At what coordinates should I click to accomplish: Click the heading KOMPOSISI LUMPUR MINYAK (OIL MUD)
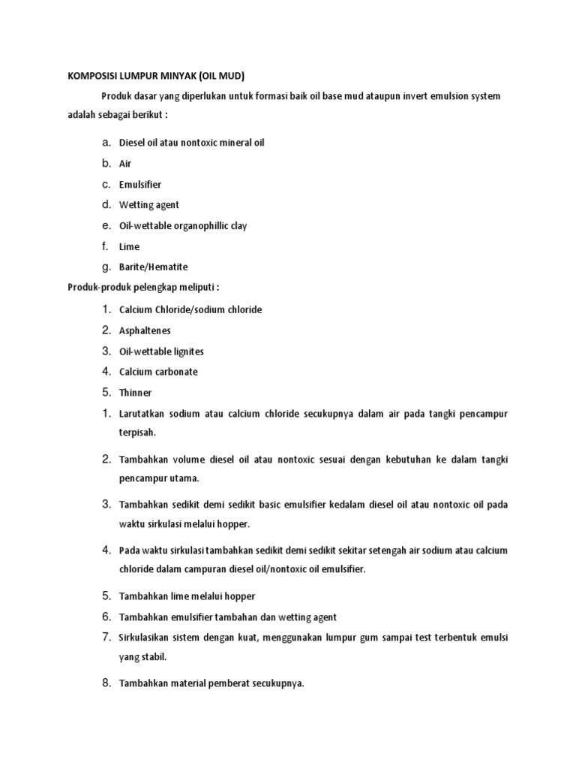tap(156, 76)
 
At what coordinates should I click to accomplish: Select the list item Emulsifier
tap(140, 184)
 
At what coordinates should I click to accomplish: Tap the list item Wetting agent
tap(149, 205)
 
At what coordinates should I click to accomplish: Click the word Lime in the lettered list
tap(129, 246)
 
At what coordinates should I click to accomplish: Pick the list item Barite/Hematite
tap(154, 267)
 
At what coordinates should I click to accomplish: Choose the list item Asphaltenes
tap(145, 330)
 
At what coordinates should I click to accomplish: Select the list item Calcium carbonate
tap(158, 372)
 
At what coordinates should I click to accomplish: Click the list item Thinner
tap(136, 393)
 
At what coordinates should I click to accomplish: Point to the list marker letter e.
tap(107, 225)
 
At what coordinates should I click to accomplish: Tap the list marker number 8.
tap(106, 683)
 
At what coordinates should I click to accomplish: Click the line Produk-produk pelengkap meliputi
tap(144, 288)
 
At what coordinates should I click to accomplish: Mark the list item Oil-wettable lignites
tap(161, 351)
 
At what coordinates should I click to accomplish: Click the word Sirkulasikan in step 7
tap(145, 638)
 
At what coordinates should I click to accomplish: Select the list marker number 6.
tap(106, 617)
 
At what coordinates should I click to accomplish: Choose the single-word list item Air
tap(125, 163)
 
